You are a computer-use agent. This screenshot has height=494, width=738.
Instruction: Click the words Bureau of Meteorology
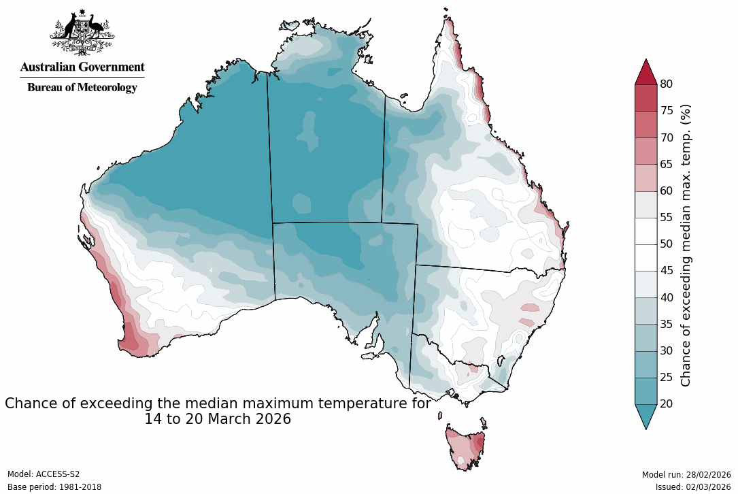[82, 87]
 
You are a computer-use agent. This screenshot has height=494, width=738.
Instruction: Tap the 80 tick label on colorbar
[667, 84]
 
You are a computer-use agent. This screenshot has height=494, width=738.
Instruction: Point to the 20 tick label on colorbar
[667, 404]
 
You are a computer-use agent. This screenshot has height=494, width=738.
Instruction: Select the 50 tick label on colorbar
[667, 244]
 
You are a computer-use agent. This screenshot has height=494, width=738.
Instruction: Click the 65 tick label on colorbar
[667, 164]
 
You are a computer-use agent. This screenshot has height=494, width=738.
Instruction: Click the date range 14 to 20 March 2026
[218, 419]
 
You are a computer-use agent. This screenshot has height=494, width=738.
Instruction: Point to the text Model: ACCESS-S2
[44, 474]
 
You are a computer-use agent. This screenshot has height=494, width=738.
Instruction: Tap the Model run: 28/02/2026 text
[686, 474]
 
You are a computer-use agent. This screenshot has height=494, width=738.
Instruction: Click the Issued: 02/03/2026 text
[693, 487]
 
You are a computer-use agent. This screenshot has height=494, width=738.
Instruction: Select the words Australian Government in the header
[82, 67]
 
